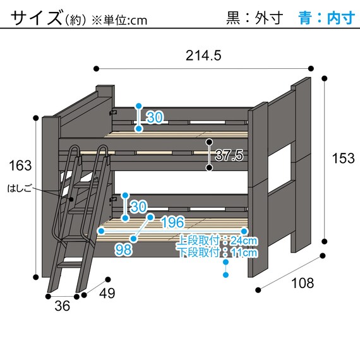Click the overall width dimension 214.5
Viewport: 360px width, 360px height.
[203, 56]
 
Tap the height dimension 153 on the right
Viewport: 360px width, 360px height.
[343, 159]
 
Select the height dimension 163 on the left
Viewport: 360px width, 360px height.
[20, 166]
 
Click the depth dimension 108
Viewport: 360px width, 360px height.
[303, 283]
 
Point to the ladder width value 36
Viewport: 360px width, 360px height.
[61, 306]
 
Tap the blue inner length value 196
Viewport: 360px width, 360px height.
[172, 222]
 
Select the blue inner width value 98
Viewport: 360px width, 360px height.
[124, 249]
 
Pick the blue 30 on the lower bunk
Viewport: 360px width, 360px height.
[138, 207]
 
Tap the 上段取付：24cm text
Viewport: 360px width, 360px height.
[217, 241]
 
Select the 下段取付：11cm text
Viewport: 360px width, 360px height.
[217, 253]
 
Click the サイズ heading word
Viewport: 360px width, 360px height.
[35, 18]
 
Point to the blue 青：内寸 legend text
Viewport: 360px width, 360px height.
[326, 18]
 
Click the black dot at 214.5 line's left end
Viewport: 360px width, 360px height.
[95, 68]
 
